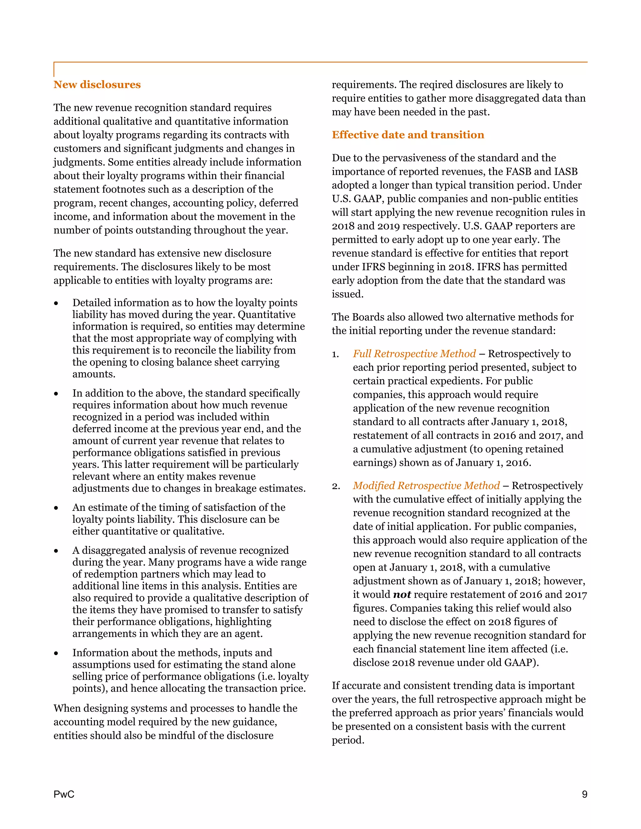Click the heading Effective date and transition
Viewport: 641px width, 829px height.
point(408,135)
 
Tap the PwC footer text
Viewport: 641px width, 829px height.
point(64,794)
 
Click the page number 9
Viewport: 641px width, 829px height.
point(584,794)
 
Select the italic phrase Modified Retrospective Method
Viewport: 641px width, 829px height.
point(426,486)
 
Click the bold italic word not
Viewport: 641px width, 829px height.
point(402,594)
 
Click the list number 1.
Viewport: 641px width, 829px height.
point(335,354)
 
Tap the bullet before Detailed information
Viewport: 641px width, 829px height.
point(56,303)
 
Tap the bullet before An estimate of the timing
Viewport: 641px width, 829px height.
point(56,508)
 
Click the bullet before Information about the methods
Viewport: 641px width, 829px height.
point(56,653)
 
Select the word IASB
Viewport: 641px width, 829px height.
point(566,171)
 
